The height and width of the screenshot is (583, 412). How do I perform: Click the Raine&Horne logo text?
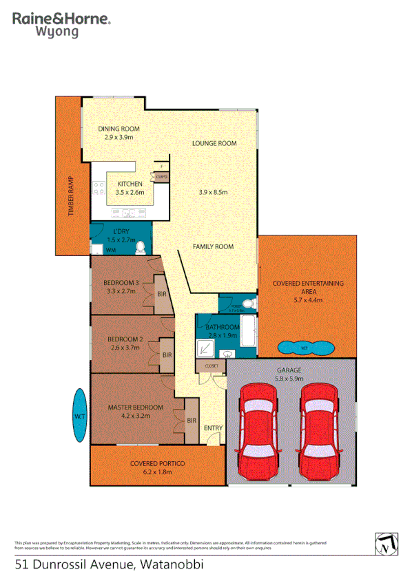tap(61, 19)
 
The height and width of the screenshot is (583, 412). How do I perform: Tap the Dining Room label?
tap(119, 129)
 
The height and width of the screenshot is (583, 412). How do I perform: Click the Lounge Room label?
tap(214, 144)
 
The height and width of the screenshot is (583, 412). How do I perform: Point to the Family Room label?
tap(213, 246)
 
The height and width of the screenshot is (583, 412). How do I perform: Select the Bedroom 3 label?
tap(121, 283)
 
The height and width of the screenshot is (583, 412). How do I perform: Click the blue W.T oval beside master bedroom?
tap(79, 416)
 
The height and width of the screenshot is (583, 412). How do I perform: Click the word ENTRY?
tap(213, 429)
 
